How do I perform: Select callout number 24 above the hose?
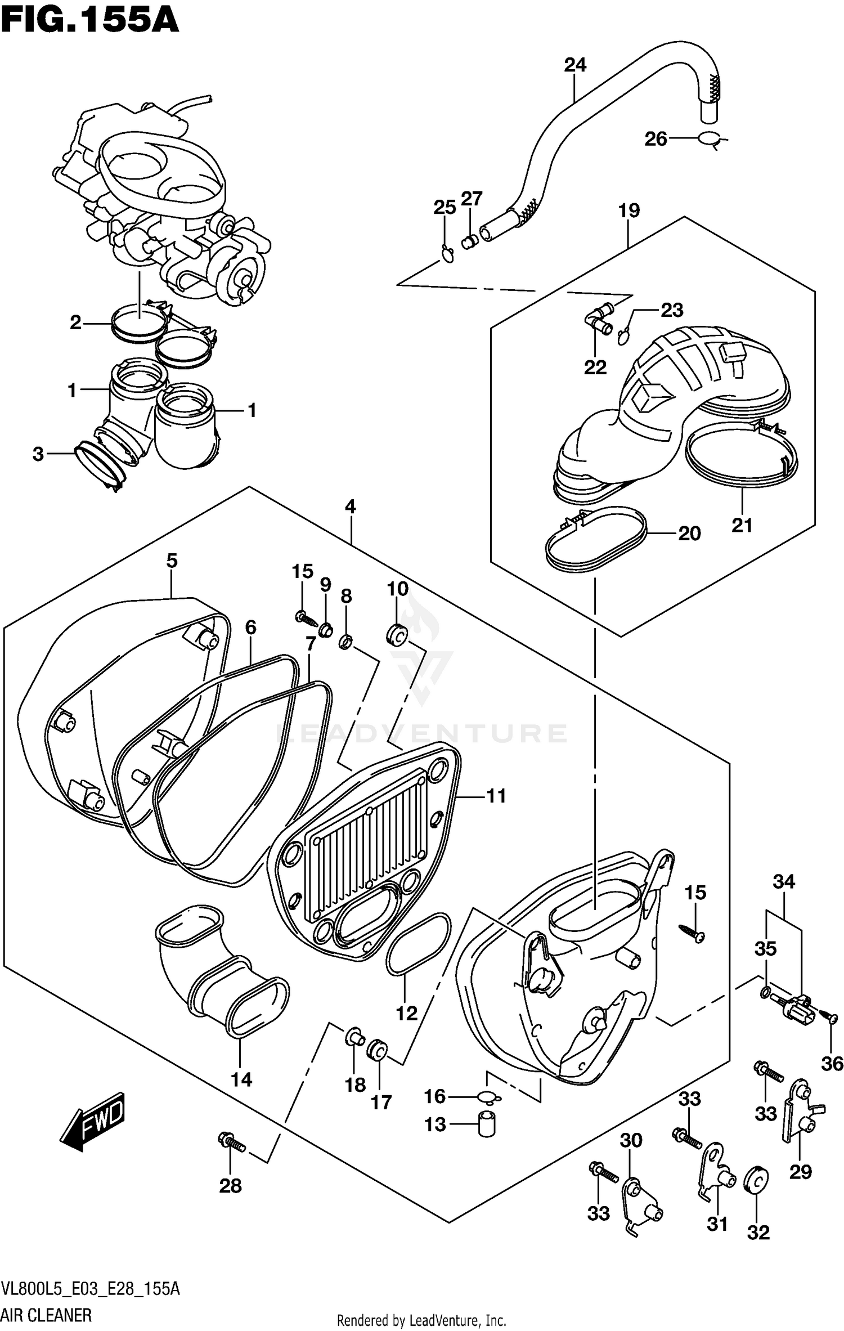[575, 65]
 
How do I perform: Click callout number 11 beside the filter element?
[496, 796]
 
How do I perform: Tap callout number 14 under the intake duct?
[241, 1079]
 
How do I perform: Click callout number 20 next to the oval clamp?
[689, 533]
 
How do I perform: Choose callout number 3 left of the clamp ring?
[38, 454]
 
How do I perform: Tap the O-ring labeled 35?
[765, 993]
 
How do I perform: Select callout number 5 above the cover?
[172, 561]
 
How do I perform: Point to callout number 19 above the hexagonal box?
[629, 210]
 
